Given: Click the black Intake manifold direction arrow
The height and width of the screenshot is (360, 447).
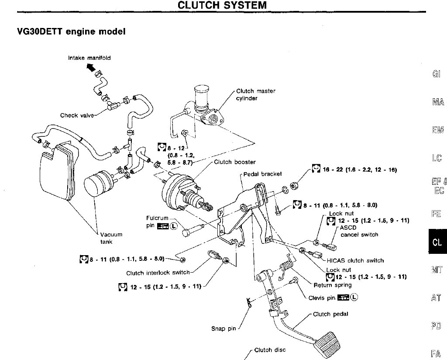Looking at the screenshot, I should pyautogui.click(x=91, y=67).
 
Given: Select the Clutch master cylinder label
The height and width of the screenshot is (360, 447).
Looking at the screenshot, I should pyautogui.click(x=255, y=95).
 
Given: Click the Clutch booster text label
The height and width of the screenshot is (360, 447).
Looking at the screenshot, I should pyautogui.click(x=234, y=162).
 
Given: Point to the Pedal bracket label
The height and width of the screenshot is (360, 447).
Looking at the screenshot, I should pyautogui.click(x=262, y=173).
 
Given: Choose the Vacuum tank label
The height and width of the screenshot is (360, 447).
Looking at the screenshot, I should pyautogui.click(x=108, y=238).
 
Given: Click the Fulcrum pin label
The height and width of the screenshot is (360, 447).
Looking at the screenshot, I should pyautogui.click(x=157, y=222).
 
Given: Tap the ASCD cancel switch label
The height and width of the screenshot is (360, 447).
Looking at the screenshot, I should pyautogui.click(x=359, y=231).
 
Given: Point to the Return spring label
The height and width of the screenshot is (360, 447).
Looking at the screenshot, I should pyautogui.click(x=333, y=285).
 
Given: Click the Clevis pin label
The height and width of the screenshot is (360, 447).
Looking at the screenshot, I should pyautogui.click(x=322, y=298).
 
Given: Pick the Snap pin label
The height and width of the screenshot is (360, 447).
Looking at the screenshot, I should pyautogui.click(x=223, y=329).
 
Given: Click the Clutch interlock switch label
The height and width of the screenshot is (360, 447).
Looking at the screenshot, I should pyautogui.click(x=158, y=273).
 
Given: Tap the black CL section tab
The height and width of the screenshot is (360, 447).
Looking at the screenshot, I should pyautogui.click(x=437, y=242).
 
